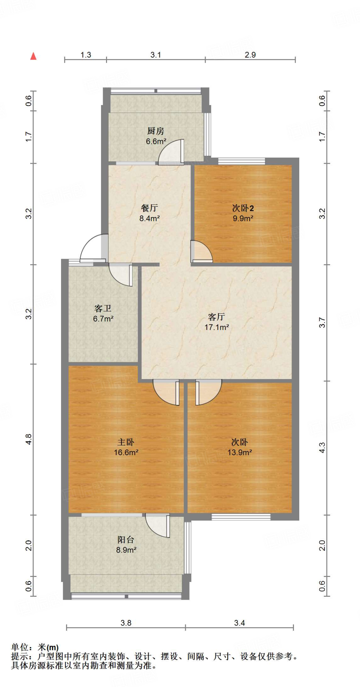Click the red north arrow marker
point(33,56)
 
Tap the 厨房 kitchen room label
point(156,131)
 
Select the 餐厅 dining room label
point(149,208)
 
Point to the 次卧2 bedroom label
point(243,208)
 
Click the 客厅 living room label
point(216,317)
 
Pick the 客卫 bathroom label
point(103,308)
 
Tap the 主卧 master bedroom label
point(126,442)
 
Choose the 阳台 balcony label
point(126,540)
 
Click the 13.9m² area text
point(240,453)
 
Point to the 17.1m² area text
point(217,327)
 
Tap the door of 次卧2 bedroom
point(201,251)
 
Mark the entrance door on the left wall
point(93,248)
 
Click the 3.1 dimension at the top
point(156,55)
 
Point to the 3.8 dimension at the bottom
point(126,623)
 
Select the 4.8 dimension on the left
point(29,439)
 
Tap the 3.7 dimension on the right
point(322,322)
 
